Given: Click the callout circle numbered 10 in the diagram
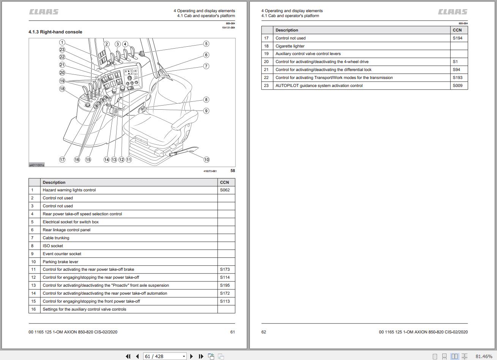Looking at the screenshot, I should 206,159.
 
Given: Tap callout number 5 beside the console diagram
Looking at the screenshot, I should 206,44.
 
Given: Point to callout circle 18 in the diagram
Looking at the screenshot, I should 62,89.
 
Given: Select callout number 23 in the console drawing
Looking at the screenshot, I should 62,50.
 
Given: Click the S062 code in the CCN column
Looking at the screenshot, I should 225,190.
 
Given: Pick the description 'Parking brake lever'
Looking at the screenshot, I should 60,262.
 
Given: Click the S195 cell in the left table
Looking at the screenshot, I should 225,285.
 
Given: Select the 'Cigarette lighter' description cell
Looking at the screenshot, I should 290,46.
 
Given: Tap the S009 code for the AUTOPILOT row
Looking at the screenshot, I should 458,85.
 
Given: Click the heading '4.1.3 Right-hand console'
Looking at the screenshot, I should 55,32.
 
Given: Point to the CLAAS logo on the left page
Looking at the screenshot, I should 44,12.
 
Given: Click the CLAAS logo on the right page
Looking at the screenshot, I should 453,12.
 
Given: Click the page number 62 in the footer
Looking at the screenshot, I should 263,332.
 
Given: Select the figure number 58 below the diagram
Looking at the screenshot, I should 233,171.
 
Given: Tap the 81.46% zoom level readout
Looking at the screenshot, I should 483,356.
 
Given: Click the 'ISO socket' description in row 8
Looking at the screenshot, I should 53,246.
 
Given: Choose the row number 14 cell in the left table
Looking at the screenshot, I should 33,293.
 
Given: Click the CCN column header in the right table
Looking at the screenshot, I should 457,30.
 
